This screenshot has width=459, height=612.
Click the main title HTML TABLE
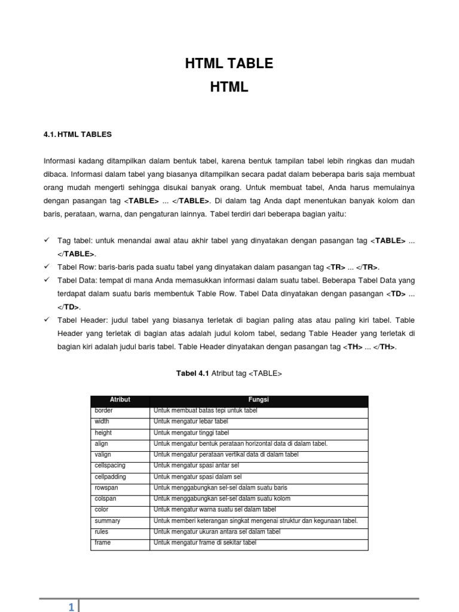click(229, 63)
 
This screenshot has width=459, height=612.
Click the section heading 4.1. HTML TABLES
click(78, 134)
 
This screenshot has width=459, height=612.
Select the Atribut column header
click(120, 399)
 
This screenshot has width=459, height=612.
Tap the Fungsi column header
click(259, 399)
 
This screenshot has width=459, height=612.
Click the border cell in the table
click(103, 411)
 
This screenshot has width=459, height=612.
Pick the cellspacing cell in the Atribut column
click(110, 466)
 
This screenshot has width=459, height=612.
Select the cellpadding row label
click(110, 477)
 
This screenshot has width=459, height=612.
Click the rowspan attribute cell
click(106, 488)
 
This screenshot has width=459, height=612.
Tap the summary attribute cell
click(107, 521)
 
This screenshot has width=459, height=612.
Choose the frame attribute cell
click(103, 543)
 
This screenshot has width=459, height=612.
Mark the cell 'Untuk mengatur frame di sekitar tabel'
click(204, 543)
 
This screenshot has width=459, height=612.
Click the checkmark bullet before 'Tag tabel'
click(47, 240)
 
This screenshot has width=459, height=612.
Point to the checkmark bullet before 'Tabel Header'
click(47, 320)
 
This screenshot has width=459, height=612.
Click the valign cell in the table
click(103, 455)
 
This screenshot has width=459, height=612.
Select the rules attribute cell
click(101, 531)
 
